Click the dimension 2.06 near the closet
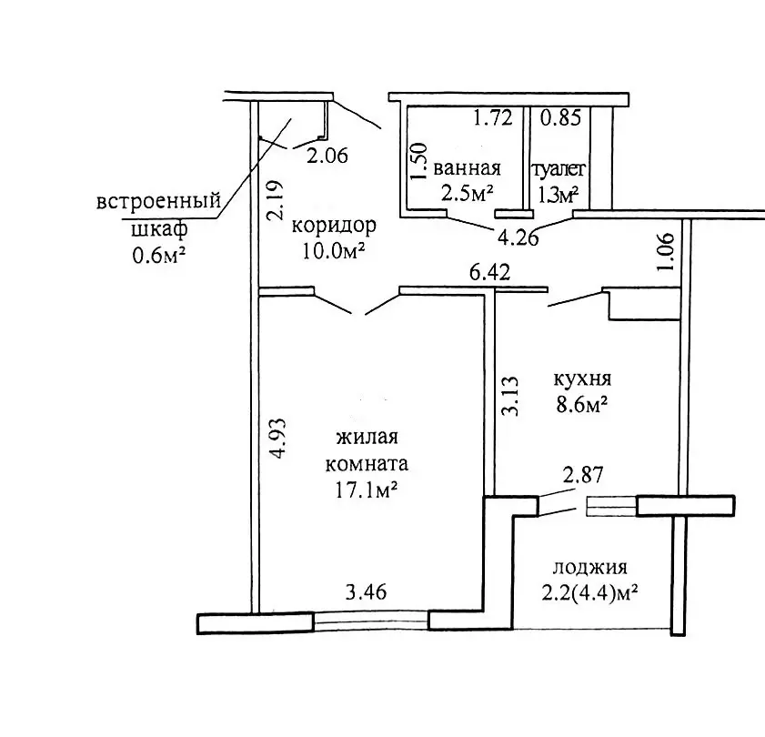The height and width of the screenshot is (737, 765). click(x=327, y=156)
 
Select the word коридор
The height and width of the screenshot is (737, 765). click(x=334, y=225)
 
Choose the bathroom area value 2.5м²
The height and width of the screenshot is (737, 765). click(x=467, y=193)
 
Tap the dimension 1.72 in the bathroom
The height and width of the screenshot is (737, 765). click(x=493, y=117)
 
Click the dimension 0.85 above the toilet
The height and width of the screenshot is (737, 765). click(x=560, y=117)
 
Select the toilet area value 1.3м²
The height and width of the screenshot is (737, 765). click(x=559, y=193)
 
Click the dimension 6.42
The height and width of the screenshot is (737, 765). click(x=488, y=271)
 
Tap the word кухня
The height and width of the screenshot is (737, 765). click(x=581, y=379)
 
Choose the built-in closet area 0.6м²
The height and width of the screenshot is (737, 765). click(x=159, y=256)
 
